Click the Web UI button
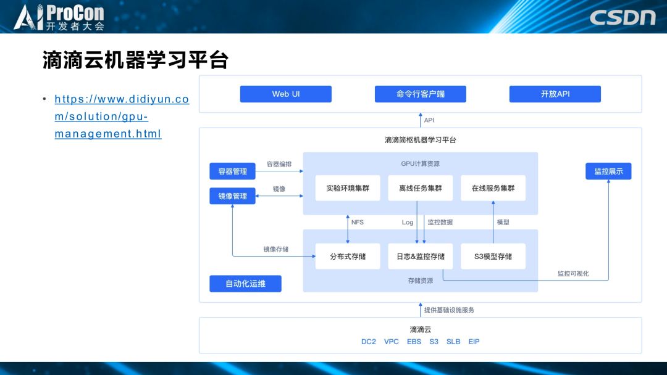point(285,94)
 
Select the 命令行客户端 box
point(420,94)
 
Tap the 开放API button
point(555,94)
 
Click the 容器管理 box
point(232,171)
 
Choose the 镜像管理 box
point(232,196)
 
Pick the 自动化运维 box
point(245,284)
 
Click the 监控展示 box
point(608,171)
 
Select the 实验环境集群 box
point(348,188)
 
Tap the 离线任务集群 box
point(420,188)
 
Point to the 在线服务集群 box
point(493,188)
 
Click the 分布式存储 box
point(348,256)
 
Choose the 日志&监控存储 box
point(420,256)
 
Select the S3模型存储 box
point(493,256)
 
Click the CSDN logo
point(622,17)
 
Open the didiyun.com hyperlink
point(121,116)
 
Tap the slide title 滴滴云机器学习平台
point(135,60)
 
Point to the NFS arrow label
point(358,222)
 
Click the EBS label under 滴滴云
point(414,341)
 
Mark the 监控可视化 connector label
point(573,273)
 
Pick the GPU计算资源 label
point(420,163)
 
